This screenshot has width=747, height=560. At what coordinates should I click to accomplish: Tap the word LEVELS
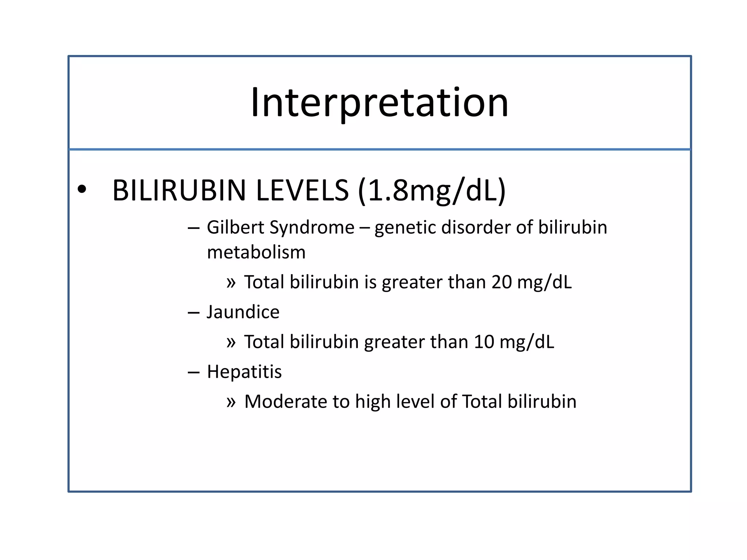302,190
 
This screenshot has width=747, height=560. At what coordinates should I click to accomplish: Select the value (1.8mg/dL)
432,190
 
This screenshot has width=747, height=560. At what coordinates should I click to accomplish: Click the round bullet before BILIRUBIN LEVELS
82,190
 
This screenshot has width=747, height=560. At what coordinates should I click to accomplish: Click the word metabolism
256,252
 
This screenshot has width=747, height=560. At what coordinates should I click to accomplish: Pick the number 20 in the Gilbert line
502,282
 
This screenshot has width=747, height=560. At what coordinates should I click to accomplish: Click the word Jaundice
243,312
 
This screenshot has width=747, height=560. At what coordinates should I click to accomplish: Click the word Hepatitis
244,372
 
